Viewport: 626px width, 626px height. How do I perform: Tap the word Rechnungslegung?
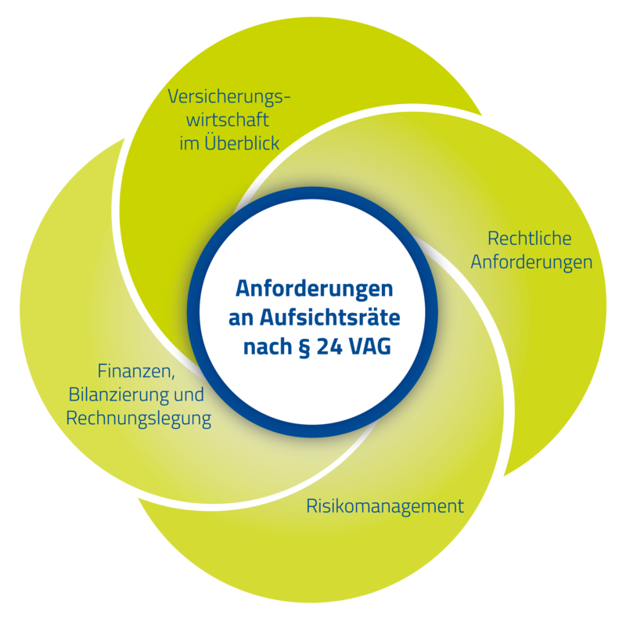139,418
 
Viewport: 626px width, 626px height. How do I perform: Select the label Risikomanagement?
384,505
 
